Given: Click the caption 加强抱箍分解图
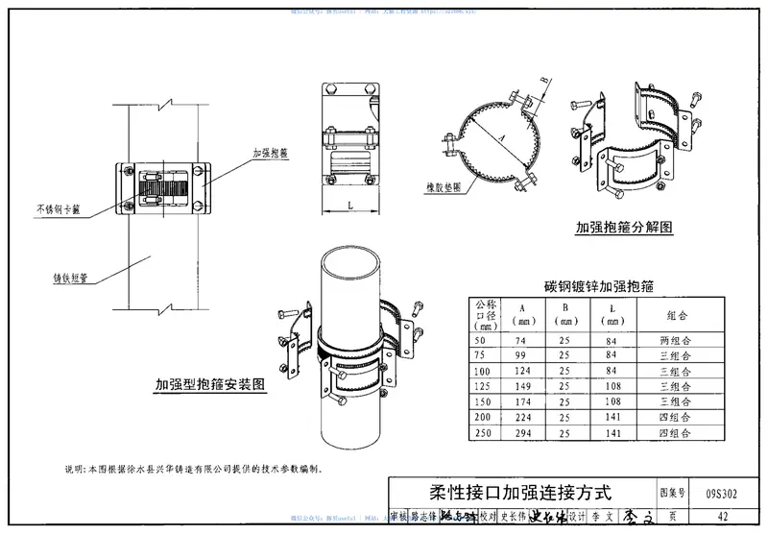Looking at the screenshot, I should (x=624, y=228).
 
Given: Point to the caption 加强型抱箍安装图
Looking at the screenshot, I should (x=210, y=385).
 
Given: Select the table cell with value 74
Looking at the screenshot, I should (x=521, y=341).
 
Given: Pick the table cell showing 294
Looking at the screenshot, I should (x=521, y=433).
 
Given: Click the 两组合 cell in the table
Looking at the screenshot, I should (x=676, y=341).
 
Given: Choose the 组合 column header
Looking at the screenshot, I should (x=676, y=315).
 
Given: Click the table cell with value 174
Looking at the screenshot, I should (x=521, y=402).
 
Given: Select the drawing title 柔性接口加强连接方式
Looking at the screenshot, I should (x=519, y=494).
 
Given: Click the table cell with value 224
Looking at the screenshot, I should (x=521, y=418).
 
